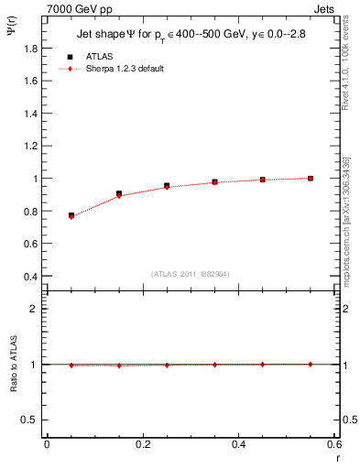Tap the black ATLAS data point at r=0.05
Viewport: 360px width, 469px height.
71,215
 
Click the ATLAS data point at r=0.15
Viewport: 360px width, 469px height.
119,193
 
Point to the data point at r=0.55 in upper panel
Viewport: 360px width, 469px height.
311,178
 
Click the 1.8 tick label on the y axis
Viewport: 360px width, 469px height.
31,49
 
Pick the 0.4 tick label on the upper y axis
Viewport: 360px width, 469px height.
31,277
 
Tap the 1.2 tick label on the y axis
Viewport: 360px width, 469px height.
31,147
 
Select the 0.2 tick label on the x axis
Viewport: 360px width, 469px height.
142,444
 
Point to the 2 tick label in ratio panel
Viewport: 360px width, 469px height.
34,309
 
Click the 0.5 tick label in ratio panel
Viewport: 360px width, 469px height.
31,420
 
